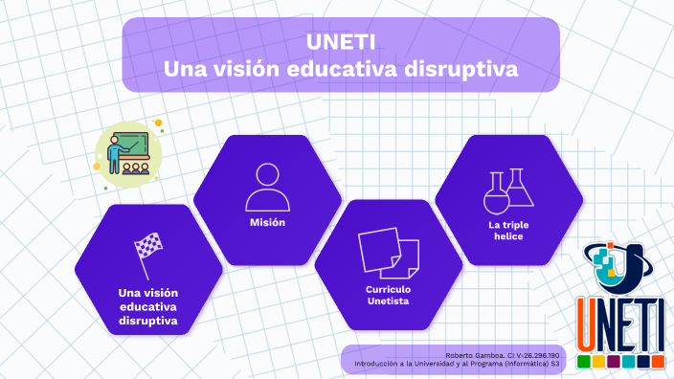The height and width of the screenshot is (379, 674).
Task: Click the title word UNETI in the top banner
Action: (x=341, y=43)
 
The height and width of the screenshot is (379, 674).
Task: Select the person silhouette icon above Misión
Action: (x=267, y=187)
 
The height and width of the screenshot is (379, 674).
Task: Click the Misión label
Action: (x=267, y=223)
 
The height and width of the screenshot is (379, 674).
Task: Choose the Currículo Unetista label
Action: (x=388, y=294)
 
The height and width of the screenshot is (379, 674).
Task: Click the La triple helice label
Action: (x=508, y=231)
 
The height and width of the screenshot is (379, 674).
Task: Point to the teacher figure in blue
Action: (x=114, y=152)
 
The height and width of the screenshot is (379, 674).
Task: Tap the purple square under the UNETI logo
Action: (x=614, y=363)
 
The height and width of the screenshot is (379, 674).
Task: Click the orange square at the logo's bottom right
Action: (x=658, y=363)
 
